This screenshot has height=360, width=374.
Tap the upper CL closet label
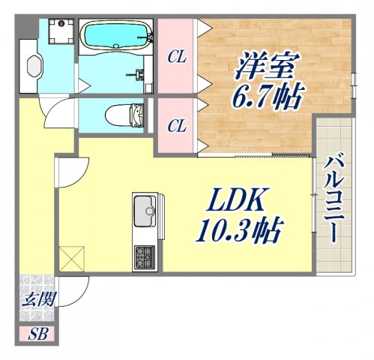pyautogui.click(x=177, y=55)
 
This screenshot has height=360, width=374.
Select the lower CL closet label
pyautogui.click(x=177, y=125)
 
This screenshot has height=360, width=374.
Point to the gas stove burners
pyautogui.click(x=145, y=259)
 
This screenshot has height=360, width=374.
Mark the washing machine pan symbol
pyautogui.click(x=61, y=31)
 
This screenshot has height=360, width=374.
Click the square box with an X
pyautogui.click(x=73, y=259)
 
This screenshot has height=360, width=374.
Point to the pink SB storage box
pyautogui.click(x=37, y=334)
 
